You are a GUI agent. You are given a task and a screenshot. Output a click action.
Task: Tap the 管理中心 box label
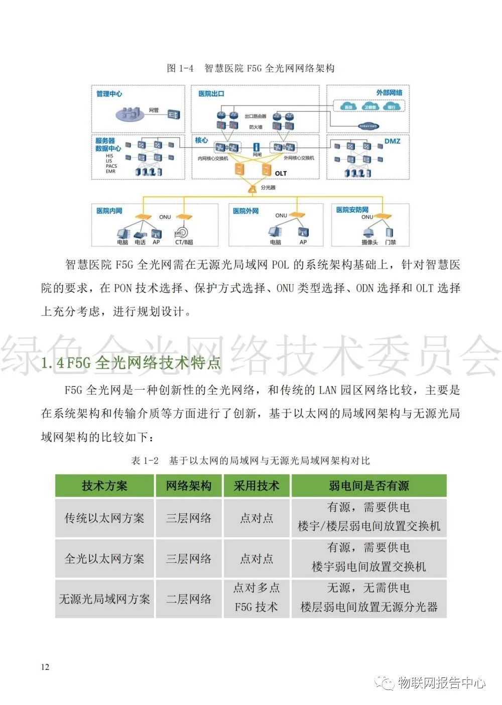109,94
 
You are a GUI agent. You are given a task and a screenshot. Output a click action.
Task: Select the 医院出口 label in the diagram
211,94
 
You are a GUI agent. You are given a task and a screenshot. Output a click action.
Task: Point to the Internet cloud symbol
368,126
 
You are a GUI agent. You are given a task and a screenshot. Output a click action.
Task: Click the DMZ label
392,142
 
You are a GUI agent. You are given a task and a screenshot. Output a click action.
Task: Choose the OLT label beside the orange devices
281,173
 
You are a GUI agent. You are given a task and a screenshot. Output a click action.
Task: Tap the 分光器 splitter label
268,187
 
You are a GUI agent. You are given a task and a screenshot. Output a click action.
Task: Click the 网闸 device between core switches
257,148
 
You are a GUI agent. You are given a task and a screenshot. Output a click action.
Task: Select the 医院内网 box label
109,211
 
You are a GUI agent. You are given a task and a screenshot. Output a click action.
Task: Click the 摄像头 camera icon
369,232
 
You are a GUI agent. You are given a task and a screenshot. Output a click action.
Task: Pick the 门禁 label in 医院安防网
390,242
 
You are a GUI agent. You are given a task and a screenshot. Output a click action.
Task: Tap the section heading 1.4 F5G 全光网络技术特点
131,363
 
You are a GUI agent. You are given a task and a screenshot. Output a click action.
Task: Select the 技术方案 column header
104,486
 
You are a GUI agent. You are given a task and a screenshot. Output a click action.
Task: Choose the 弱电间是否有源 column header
368,486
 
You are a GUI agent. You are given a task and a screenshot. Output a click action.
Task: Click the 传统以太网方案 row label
104,518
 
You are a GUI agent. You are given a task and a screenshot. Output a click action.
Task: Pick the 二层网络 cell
189,599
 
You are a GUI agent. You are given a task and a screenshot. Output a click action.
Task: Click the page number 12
45,667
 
